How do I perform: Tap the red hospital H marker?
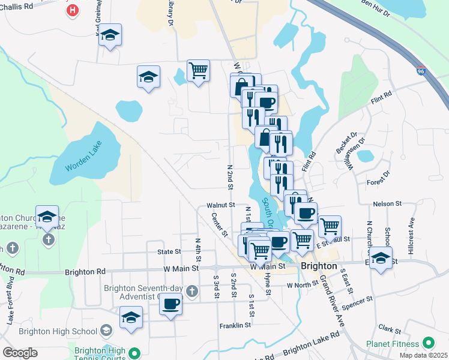coord(73,10)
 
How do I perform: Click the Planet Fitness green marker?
coord(428,343)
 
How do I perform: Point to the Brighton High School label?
coord(58,331)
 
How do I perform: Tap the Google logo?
coord(20,353)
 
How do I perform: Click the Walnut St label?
coord(220,205)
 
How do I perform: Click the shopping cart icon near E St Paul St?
coord(330,227)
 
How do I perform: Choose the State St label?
coord(169,252)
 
